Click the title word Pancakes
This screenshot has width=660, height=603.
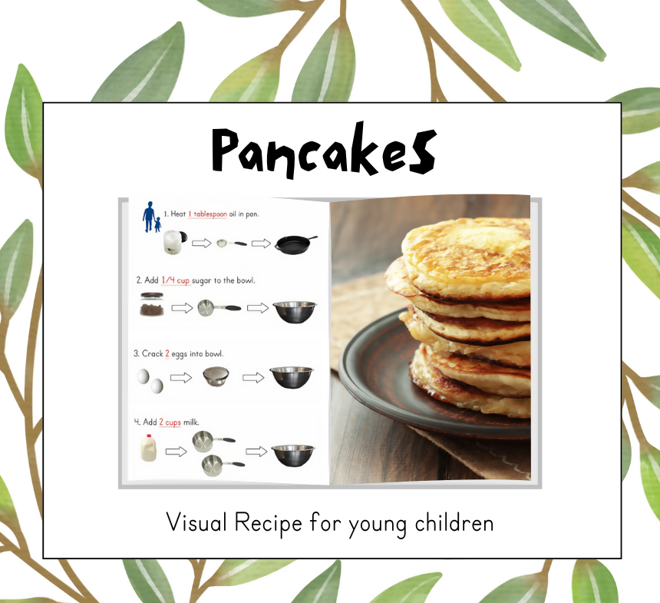pyautogui.click(x=324, y=150)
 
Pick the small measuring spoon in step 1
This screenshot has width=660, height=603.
pyautogui.click(x=230, y=244)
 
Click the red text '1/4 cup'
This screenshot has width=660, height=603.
pyautogui.click(x=177, y=280)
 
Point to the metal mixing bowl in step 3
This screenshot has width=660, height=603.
pyautogui.click(x=292, y=376)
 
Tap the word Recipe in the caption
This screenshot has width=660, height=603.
pyautogui.click(x=266, y=524)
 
